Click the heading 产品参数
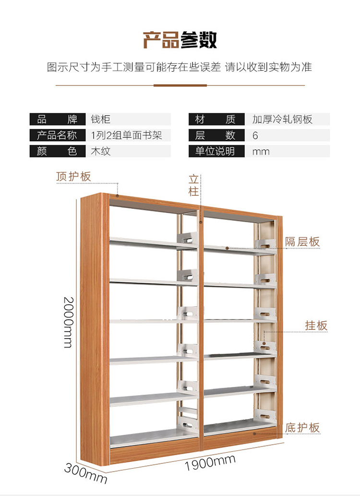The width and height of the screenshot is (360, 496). [x=180, y=39]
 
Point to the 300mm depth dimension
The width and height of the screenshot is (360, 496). [x=86, y=472]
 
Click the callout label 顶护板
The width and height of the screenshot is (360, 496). [x=73, y=176]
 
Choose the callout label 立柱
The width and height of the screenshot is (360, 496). [x=193, y=185]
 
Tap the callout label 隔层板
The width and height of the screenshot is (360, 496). [x=302, y=241]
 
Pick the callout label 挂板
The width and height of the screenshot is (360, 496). [x=316, y=326]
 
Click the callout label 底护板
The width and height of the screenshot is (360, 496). [x=302, y=427]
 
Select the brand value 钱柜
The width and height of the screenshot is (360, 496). [x=101, y=119]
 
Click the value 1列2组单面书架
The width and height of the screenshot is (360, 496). [x=127, y=135]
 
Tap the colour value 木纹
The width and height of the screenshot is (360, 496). [x=101, y=151]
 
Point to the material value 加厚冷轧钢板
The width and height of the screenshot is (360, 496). [x=282, y=119]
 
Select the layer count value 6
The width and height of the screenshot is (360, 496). [x=255, y=135]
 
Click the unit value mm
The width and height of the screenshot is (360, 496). [x=261, y=152]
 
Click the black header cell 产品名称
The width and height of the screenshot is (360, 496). [x=57, y=135]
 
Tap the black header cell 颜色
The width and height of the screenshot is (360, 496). [x=57, y=151]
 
